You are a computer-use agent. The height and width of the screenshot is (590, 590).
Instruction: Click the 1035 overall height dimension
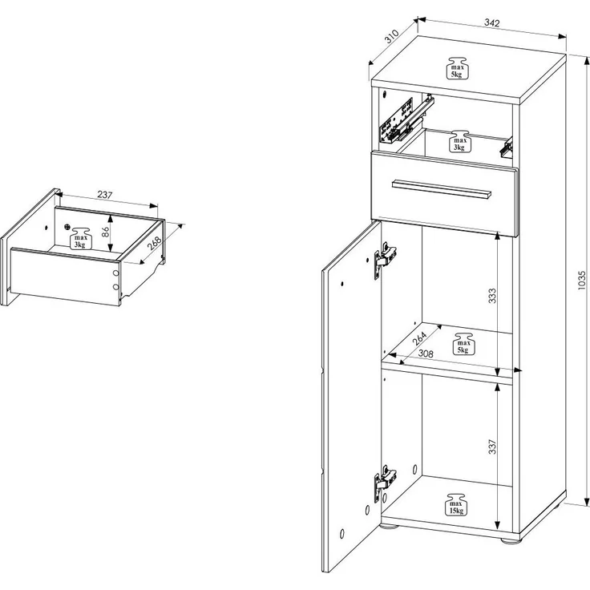tap(582, 280)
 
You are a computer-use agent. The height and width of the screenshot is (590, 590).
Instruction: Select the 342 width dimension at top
tap(491, 23)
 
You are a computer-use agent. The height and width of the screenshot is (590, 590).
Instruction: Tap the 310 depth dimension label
tap(391, 37)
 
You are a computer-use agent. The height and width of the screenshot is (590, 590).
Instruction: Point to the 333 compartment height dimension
tap(492, 295)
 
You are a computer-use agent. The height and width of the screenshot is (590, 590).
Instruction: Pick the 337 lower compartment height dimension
tap(492, 447)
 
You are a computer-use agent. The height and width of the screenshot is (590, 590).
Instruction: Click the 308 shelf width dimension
tap(426, 354)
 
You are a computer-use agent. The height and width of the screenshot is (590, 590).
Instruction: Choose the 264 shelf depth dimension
tap(419, 338)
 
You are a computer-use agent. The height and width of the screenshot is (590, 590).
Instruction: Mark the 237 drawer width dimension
tap(105, 195)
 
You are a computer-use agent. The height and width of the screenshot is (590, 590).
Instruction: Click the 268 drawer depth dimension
tap(154, 243)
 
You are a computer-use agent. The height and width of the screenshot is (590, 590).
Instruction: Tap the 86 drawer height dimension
tap(105, 232)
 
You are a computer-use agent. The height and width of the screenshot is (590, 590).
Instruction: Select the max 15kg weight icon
tap(456, 504)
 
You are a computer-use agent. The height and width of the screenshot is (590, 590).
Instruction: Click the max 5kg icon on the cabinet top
tap(456, 68)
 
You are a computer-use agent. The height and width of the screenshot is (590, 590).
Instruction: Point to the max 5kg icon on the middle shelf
tap(463, 343)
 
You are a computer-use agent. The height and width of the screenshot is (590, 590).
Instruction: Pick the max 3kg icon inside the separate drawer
tap(80, 238)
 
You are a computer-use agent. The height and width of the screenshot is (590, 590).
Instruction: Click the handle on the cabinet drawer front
tap(442, 188)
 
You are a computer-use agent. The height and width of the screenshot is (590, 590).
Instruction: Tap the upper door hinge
tap(384, 260)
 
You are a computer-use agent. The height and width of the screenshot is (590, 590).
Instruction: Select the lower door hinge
tap(384, 483)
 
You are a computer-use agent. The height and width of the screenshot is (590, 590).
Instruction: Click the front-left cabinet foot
tap(389, 526)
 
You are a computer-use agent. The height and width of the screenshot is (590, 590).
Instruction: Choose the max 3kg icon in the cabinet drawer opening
tap(459, 141)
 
